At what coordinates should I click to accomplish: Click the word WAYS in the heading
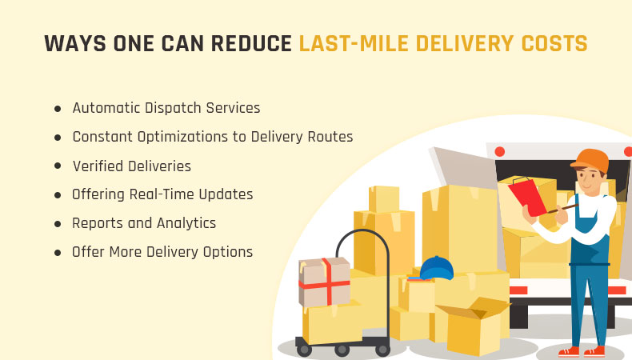75,43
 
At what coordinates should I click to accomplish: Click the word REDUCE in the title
251,43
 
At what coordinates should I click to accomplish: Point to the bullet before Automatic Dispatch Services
58,109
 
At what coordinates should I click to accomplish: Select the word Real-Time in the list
162,194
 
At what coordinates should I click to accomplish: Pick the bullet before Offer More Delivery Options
58,253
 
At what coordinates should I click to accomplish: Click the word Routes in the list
330,137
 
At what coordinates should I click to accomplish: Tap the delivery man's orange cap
590,160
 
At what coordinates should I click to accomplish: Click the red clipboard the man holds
527,197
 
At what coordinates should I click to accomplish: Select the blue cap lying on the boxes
437,268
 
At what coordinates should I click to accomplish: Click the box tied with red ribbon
325,282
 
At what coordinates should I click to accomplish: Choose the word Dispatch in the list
173,109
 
